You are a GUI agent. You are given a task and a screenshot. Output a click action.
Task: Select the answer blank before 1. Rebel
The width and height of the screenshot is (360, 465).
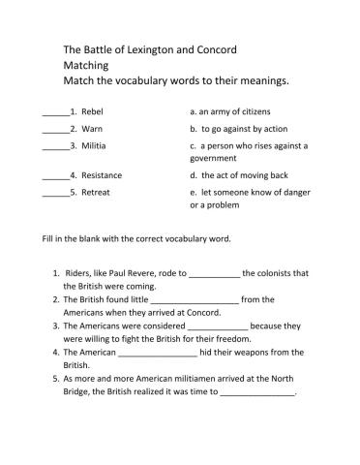click(x=56, y=112)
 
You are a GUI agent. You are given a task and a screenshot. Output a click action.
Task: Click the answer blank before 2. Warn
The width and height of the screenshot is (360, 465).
click(x=56, y=129)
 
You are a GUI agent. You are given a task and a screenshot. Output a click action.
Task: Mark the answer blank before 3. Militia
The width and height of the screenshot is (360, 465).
click(x=56, y=145)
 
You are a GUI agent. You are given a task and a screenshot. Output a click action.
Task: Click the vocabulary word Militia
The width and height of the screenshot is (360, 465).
click(x=95, y=144)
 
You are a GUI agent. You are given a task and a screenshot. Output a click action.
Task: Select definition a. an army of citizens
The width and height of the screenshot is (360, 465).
click(x=237, y=112)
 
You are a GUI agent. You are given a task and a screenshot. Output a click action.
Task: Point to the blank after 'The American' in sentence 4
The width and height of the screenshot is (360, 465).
click(x=157, y=354)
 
